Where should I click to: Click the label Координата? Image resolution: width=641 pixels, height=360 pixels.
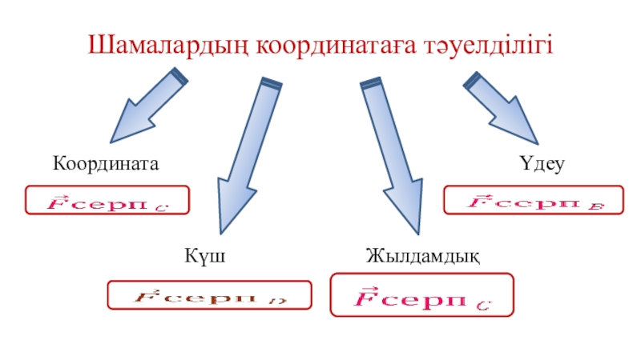(107, 163)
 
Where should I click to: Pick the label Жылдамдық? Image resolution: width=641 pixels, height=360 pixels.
(422, 256)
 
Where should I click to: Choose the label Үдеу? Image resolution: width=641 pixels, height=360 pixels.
(542, 164)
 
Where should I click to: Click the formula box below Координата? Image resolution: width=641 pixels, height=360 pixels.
(107, 200)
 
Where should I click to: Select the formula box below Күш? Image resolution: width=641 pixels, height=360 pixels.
(209, 296)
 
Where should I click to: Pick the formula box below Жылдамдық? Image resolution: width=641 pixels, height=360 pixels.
(421, 294)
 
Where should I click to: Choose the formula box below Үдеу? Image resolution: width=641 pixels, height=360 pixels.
(534, 200)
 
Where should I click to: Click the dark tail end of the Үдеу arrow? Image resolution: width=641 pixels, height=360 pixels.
(472, 79)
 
